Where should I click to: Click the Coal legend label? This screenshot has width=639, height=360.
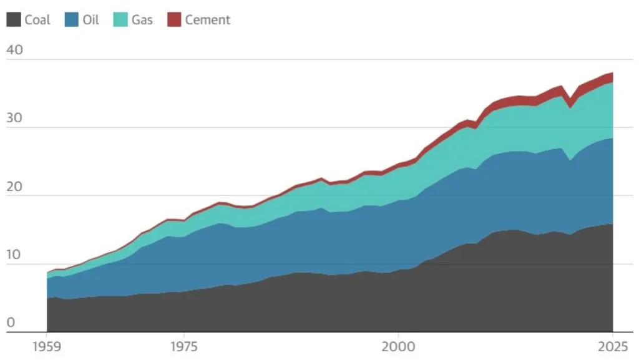click(x=37, y=20)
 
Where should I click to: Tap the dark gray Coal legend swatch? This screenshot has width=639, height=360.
click(x=14, y=20)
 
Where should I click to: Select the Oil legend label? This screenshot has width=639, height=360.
click(x=90, y=20)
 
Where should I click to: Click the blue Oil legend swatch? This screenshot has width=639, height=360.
click(x=71, y=20)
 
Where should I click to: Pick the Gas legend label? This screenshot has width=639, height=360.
click(x=142, y=20)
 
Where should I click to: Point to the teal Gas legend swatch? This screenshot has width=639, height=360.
click(x=120, y=20)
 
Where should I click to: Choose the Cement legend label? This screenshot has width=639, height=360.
click(x=207, y=20)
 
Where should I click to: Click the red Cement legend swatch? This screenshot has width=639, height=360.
click(x=174, y=20)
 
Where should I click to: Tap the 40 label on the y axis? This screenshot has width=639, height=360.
click(x=14, y=50)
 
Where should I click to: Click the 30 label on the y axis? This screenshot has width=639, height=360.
click(x=14, y=119)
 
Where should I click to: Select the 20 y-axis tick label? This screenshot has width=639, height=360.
click(x=14, y=187)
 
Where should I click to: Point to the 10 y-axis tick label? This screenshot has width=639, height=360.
click(x=14, y=255)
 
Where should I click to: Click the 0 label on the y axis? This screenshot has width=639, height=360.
click(x=10, y=323)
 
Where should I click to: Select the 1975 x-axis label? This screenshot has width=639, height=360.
click(x=183, y=345)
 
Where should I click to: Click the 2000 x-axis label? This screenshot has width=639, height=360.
click(x=398, y=345)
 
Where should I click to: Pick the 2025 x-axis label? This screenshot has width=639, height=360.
click(x=612, y=345)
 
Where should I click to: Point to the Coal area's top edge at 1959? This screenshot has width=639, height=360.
click(x=47, y=299)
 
